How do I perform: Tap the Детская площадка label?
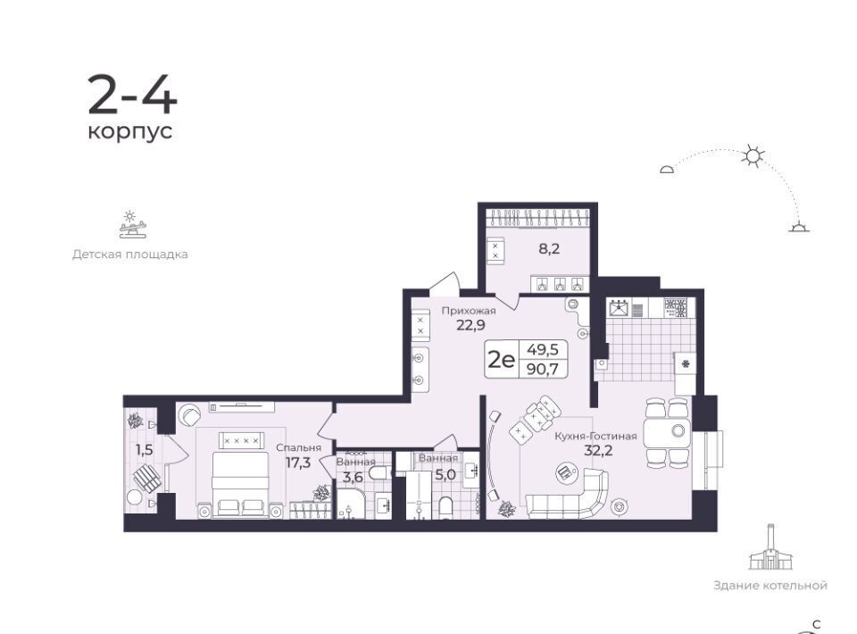coord(130,254)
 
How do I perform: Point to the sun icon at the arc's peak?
coord(753,156)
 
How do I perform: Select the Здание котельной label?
coord(770,586)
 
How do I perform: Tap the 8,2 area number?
coord(549,249)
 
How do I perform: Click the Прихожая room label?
coord(469,311)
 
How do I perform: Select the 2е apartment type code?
coord(501,360)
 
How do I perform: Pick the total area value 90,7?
coord(542,369)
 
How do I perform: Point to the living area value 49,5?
coord(542,349)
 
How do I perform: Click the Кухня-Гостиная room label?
coord(595,436)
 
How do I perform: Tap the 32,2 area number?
coord(598,450)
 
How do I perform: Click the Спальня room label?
coord(298,448)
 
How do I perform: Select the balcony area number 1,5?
coord(145,450)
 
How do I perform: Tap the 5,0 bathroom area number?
coord(445,475)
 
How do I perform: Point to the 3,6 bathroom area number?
coord(353,477)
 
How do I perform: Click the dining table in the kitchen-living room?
coord(668,433)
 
